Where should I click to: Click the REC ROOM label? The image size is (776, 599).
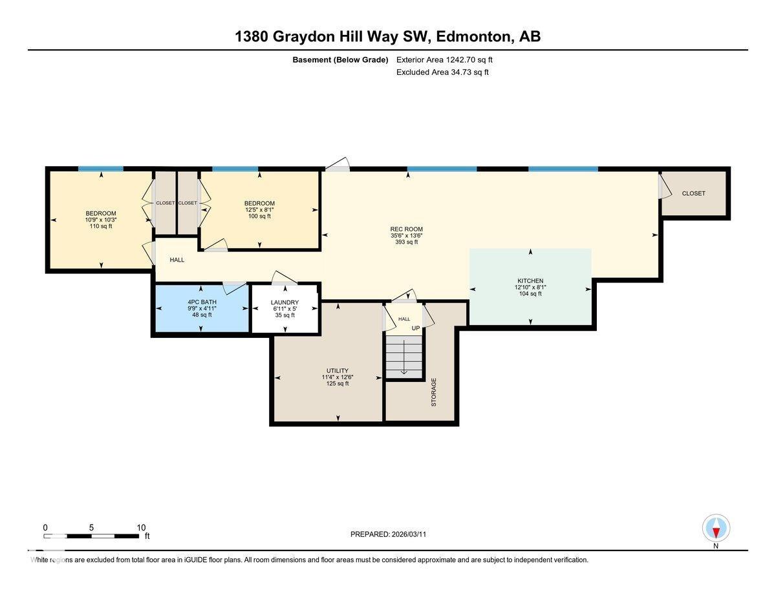[x=406, y=229]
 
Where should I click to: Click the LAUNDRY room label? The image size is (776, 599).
[x=285, y=302]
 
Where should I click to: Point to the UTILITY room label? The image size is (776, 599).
[x=338, y=371]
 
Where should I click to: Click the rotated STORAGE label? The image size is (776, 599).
[x=434, y=392]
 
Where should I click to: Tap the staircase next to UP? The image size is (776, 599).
[x=404, y=357]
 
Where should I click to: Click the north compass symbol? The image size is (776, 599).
[x=716, y=529]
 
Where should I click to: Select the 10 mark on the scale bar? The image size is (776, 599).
[x=141, y=527]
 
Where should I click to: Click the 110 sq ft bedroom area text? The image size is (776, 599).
[x=101, y=226]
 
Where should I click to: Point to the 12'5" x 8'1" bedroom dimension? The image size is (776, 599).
[x=259, y=210]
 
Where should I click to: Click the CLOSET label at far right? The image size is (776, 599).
[x=693, y=193]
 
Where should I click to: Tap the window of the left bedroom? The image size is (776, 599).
[x=101, y=169]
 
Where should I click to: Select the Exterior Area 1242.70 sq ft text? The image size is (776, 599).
[x=449, y=59]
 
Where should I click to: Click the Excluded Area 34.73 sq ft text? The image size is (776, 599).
[x=442, y=72]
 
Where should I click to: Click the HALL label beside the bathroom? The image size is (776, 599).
[x=177, y=260]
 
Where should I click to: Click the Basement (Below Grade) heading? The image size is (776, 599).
[x=339, y=59]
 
